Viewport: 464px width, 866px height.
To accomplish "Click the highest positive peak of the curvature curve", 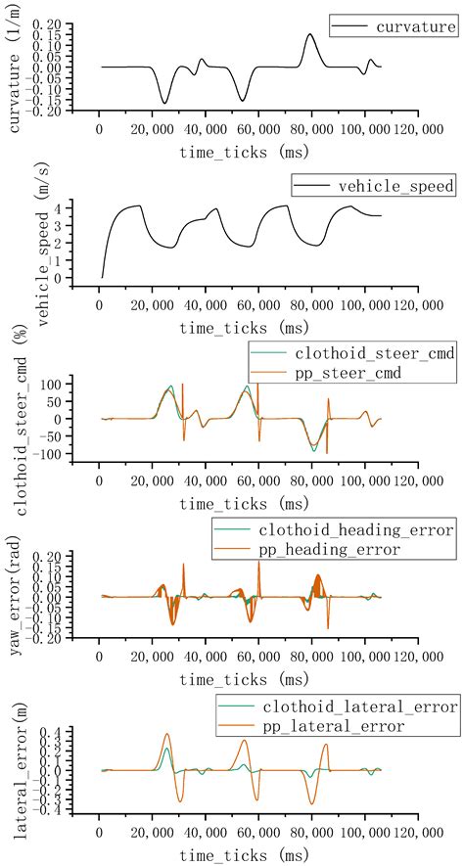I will (309, 34).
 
